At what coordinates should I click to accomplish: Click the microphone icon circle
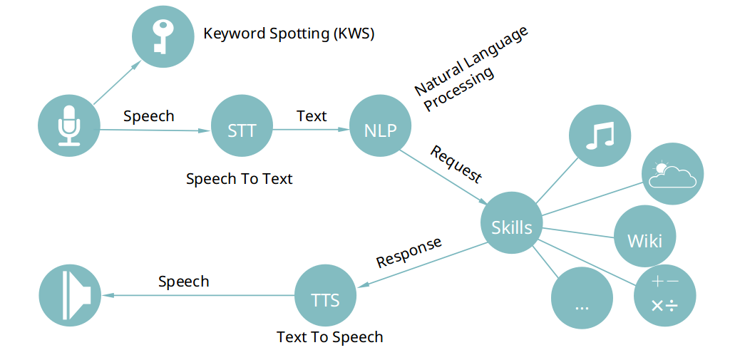pyautogui.click(x=69, y=125)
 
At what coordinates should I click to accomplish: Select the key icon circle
pyautogui.click(x=163, y=36)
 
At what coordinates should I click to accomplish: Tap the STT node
pyautogui.click(x=242, y=130)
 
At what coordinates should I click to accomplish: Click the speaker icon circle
pyautogui.click(x=70, y=295)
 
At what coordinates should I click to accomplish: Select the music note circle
pyautogui.click(x=600, y=135)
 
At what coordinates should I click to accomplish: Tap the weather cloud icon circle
pyautogui.click(x=673, y=173)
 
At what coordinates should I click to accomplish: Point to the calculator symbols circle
pyautogui.click(x=664, y=296)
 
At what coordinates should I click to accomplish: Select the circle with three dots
pyautogui.click(x=582, y=298)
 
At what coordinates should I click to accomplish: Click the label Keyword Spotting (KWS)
pyautogui.click(x=289, y=34)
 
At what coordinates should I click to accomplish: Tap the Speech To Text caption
pyautogui.click(x=239, y=179)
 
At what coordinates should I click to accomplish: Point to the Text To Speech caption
pyautogui.click(x=329, y=336)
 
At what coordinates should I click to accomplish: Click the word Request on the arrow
pyautogui.click(x=456, y=165)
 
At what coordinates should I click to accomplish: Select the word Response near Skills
pyautogui.click(x=409, y=252)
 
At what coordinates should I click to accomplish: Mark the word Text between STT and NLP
pyautogui.click(x=312, y=115)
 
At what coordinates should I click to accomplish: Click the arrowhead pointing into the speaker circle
pyautogui.click(x=108, y=295)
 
